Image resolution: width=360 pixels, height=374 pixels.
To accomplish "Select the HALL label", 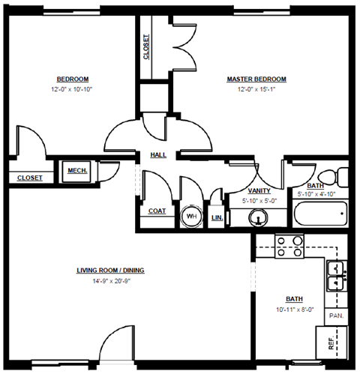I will coord(158,155).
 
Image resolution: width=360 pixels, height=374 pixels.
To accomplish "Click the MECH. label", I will coord(77,171).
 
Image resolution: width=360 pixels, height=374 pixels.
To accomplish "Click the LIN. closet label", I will coord(217,217).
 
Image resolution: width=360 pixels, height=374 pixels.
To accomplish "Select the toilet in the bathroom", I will coord(340,178).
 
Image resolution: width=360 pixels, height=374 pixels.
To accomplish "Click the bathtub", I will coord(319,216).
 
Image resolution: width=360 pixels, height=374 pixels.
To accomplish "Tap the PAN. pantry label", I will coord(336,316).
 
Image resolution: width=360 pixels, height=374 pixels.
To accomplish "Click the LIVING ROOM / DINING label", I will coord(110,271).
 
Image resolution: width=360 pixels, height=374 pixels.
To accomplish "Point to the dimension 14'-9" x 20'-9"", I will coord(110,281).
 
